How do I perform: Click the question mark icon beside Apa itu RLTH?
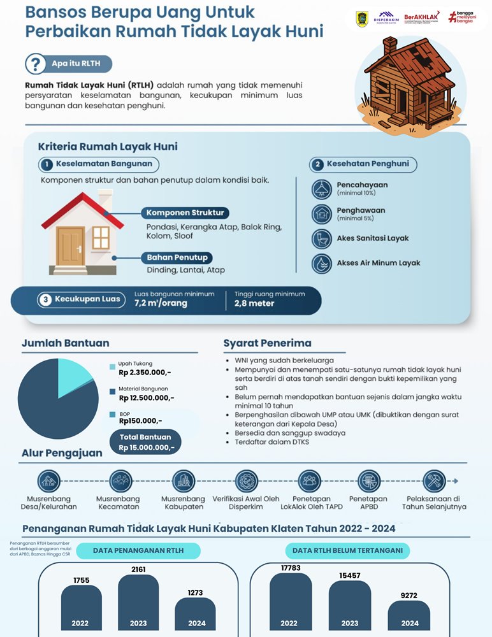click(34, 64)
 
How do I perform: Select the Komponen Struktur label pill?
click(185, 213)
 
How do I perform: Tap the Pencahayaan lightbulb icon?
click(322, 189)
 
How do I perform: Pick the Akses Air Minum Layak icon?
click(322, 263)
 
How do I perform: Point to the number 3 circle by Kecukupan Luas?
click(45, 299)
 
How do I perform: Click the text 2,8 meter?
click(254, 303)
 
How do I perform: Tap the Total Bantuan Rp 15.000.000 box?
click(145, 441)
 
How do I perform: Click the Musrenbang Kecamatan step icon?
click(120, 480)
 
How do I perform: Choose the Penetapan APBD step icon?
click(368, 480)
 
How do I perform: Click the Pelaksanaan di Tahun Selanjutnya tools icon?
click(434, 480)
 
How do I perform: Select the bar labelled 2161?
click(138, 602)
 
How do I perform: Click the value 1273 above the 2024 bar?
click(195, 593)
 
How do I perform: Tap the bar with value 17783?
click(290, 602)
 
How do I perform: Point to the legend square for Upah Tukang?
click(113, 367)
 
